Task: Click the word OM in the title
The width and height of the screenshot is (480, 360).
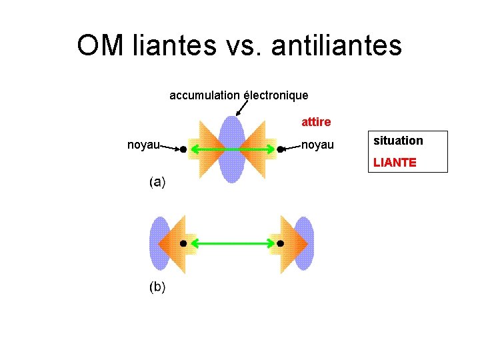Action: point(100,45)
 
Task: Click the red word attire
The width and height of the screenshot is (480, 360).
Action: point(316,122)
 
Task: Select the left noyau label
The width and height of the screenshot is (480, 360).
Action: point(143,145)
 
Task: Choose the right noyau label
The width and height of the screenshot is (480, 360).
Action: point(317,145)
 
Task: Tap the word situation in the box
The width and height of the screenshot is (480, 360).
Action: point(398,141)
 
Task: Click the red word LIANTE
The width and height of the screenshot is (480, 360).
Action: point(395,162)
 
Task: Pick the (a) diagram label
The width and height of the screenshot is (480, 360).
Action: point(157,181)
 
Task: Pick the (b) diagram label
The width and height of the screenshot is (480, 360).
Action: point(157,287)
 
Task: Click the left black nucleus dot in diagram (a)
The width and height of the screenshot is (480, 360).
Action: point(183,150)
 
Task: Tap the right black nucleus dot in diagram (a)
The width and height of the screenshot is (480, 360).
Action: point(280,150)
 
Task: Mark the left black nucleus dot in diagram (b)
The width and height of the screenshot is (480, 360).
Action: point(183,244)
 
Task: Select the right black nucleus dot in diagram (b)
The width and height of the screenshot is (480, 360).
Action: point(280,244)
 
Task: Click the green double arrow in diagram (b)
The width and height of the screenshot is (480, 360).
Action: point(231,244)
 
